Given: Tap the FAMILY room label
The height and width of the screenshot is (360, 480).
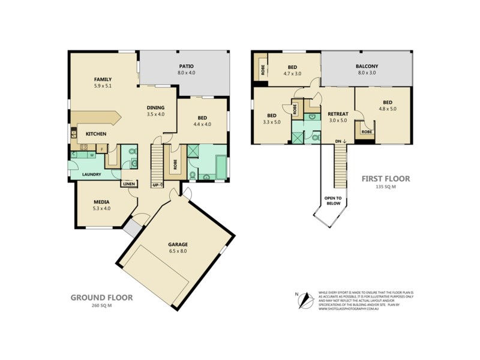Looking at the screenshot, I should coord(103,79).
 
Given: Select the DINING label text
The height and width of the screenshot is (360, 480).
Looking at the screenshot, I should coord(156,107).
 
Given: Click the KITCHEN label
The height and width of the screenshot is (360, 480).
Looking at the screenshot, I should coord(96,134).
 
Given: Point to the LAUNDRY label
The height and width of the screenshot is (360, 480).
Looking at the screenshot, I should coord(92,175).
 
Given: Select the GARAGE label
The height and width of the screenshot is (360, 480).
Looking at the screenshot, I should coord(178,244).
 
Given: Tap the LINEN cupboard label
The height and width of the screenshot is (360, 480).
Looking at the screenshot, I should coord(129,184).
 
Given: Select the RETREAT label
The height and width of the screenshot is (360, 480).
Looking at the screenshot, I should coord(338,113).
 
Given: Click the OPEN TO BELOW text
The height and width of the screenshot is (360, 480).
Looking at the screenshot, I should coord(333,200).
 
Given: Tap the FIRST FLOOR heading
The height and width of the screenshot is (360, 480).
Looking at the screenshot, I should coord(385,179).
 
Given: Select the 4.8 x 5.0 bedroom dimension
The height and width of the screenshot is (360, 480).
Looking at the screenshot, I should coord(387,109).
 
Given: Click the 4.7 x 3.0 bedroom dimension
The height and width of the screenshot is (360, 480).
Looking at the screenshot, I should coord(292,74).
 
